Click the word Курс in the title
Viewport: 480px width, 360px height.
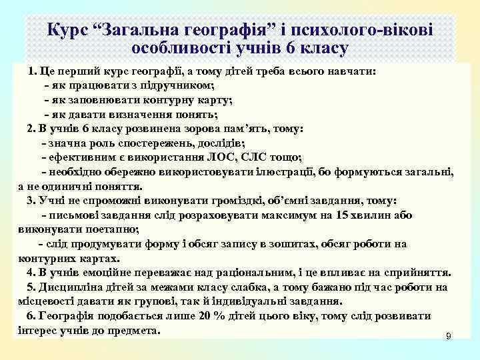pos(70,30)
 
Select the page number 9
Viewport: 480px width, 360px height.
pos(448,337)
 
